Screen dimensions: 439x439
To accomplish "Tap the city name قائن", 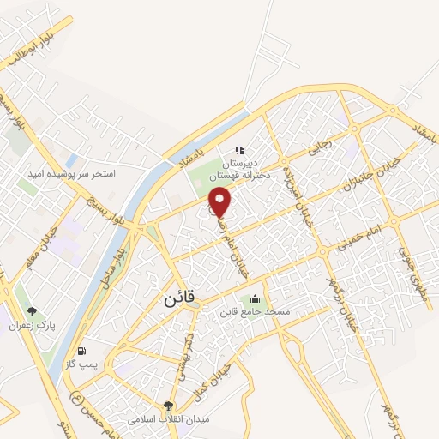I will [180, 299].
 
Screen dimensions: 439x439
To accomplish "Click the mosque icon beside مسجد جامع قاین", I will [255, 299].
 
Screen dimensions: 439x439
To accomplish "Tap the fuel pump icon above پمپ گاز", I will [81, 350].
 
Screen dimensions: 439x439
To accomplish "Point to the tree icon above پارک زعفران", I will [32, 312].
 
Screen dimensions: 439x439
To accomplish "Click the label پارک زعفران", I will [32, 327].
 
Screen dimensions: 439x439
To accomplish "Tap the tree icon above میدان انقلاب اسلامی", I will [168, 406].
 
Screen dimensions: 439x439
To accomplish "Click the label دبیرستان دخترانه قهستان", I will [242, 168].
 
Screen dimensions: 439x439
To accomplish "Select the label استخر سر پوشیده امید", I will [84, 173].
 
